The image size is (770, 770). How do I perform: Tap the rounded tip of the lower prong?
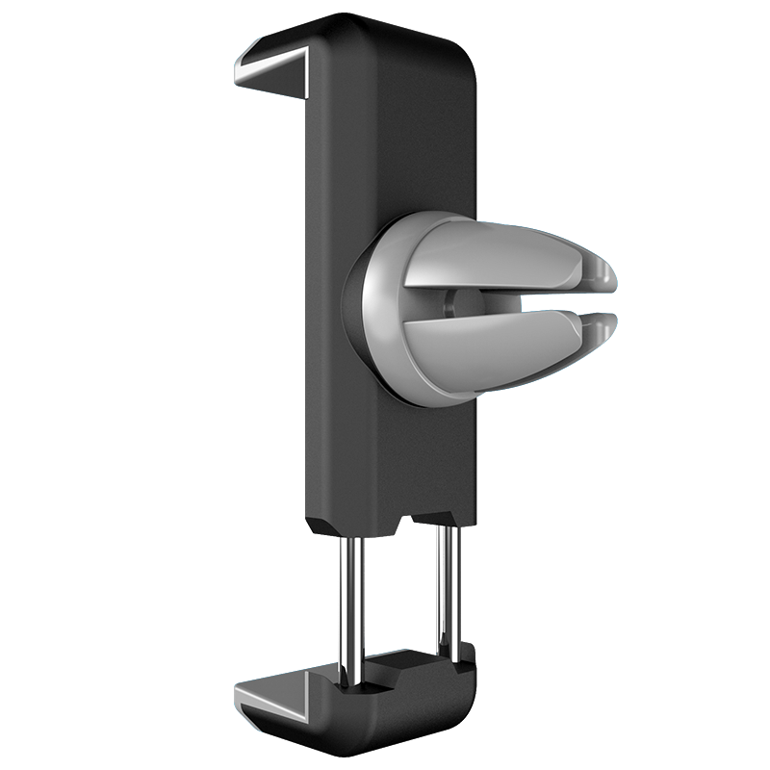click(604, 332)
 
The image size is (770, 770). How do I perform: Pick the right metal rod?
click(445, 587)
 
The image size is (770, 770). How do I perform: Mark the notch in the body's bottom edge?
click(404, 525)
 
